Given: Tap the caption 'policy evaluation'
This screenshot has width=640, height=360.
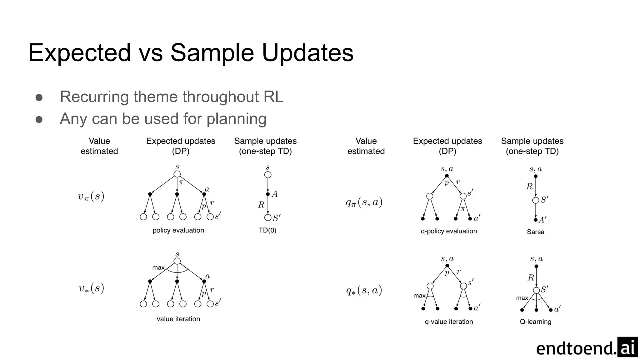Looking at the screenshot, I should [178, 230].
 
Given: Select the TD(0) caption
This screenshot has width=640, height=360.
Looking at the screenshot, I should [267, 230].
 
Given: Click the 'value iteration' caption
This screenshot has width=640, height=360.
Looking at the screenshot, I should [178, 319].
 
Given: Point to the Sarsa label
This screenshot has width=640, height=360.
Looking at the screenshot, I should [535, 232].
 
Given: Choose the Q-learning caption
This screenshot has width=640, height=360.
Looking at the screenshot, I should [535, 322].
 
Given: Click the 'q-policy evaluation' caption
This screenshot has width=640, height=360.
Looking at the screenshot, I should [449, 231].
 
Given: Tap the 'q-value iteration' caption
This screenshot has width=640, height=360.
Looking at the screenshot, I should [449, 322].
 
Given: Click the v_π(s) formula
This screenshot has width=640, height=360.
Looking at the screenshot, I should [91, 197].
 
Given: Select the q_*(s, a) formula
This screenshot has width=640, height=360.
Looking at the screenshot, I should [364, 291].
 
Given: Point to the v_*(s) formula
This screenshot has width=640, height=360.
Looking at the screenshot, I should [91, 288].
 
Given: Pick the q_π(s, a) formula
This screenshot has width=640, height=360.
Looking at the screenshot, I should [364, 202].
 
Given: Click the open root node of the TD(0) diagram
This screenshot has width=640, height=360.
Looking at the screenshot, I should [268, 175].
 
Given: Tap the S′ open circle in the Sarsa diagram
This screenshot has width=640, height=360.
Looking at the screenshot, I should [536, 200].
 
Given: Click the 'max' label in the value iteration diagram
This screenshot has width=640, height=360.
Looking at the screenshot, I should [158, 267].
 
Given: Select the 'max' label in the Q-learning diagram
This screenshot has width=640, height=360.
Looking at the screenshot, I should [522, 298].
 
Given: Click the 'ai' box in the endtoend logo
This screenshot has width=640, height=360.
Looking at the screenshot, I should [627, 347].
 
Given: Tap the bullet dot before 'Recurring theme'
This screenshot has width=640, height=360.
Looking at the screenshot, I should [39, 97].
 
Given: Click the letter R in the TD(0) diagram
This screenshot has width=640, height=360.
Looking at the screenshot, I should [261, 205].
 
